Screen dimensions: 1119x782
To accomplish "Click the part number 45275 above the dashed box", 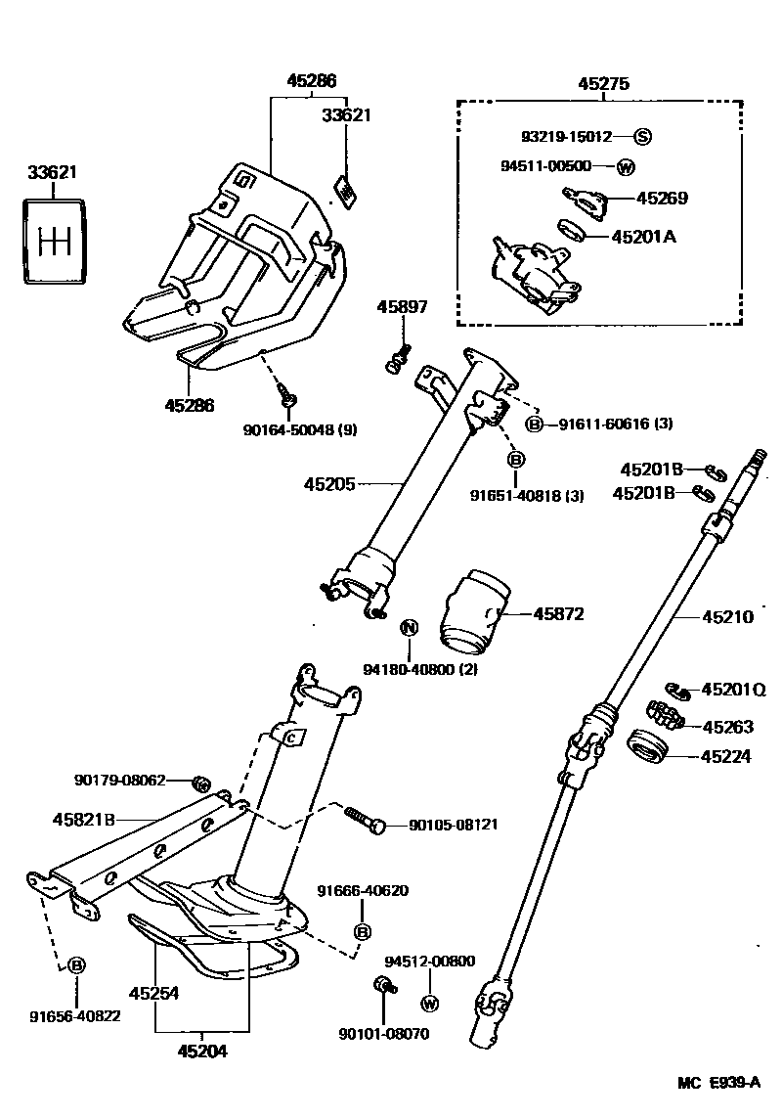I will [x=600, y=84].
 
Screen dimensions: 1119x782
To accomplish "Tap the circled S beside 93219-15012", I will [x=643, y=136].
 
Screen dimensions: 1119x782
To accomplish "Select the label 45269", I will [x=662, y=198].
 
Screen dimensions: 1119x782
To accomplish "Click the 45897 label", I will [x=402, y=307].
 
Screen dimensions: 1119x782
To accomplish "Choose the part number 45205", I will [x=329, y=483].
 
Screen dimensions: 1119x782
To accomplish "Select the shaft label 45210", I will [x=727, y=617].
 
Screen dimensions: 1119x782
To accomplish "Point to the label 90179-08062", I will [x=119, y=781].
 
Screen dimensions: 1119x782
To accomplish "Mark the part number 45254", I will [x=154, y=993].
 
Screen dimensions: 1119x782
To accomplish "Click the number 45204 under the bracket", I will [x=203, y=1052].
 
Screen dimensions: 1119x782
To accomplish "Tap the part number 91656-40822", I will [x=74, y=1015].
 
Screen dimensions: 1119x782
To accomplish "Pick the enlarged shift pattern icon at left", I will [x=54, y=240].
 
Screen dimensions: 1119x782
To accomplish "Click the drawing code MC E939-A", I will [x=719, y=1083].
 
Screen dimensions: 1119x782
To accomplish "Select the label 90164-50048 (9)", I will [x=298, y=427].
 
